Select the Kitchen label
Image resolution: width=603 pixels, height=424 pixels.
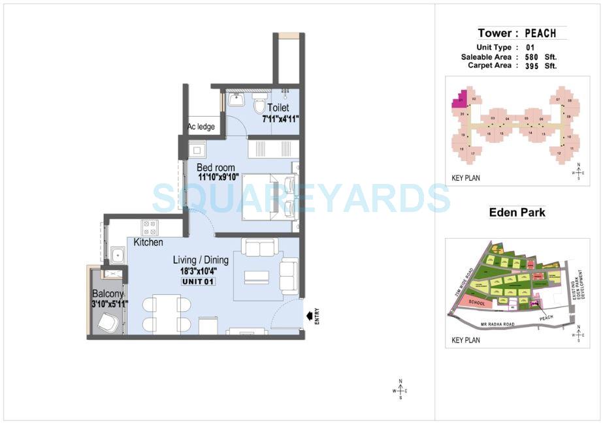tap(148, 243)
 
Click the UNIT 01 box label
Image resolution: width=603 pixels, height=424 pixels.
tap(198, 281)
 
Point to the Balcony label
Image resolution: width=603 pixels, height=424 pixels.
tap(108, 294)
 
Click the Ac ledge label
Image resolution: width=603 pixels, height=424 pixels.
tap(201, 127)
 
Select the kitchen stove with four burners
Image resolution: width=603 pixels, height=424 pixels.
tap(150, 227)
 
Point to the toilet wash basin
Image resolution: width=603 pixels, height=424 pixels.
tap(237, 100)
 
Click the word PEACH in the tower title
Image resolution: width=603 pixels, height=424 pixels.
tap(540, 33)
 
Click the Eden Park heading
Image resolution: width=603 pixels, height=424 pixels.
tap(517, 213)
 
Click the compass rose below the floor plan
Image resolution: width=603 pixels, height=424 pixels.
tap(400, 390)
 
